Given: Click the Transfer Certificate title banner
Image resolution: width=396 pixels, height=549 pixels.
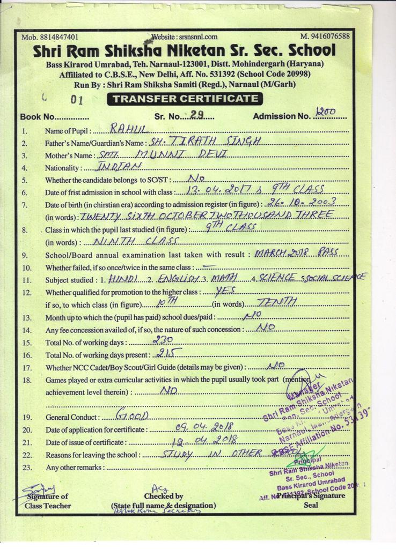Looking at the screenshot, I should pyautogui.click(x=185, y=99).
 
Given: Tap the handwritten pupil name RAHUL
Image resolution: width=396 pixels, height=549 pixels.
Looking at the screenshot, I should pyautogui.click(x=128, y=129).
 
